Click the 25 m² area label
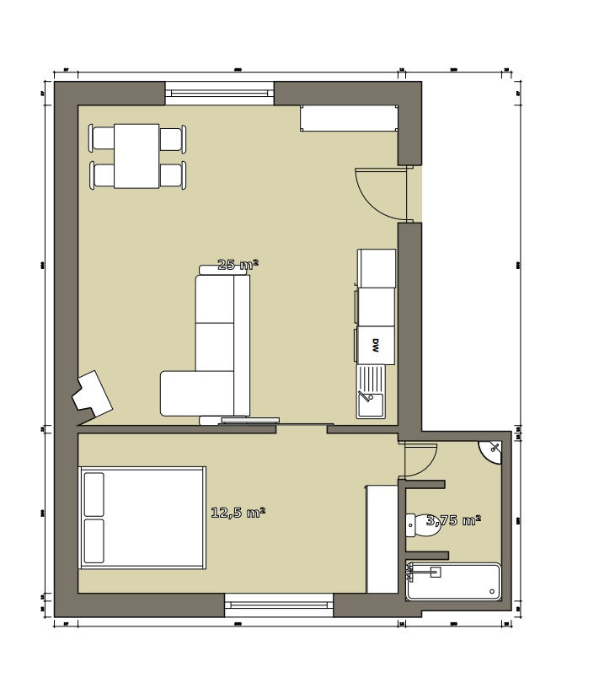pyautogui.click(x=238, y=265)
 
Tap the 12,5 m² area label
pyautogui.click(x=238, y=512)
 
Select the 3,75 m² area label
pyautogui.click(x=453, y=520)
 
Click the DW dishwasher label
pyautogui.click(x=376, y=345)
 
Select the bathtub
pyautogui.click(x=453, y=582)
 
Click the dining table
pyautogui.click(x=136, y=156)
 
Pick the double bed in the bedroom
pyautogui.click(x=142, y=518)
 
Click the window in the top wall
pyautogui.click(x=219, y=93)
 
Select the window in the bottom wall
pyautogui.click(x=279, y=605)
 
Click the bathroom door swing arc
pyautogui.click(x=420, y=461)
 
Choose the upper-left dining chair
pyautogui.click(x=103, y=138)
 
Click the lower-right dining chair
pyautogui.click(x=172, y=175)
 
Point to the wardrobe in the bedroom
pyautogui.click(x=382, y=539)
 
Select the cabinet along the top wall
pyautogui.click(x=349, y=118)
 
